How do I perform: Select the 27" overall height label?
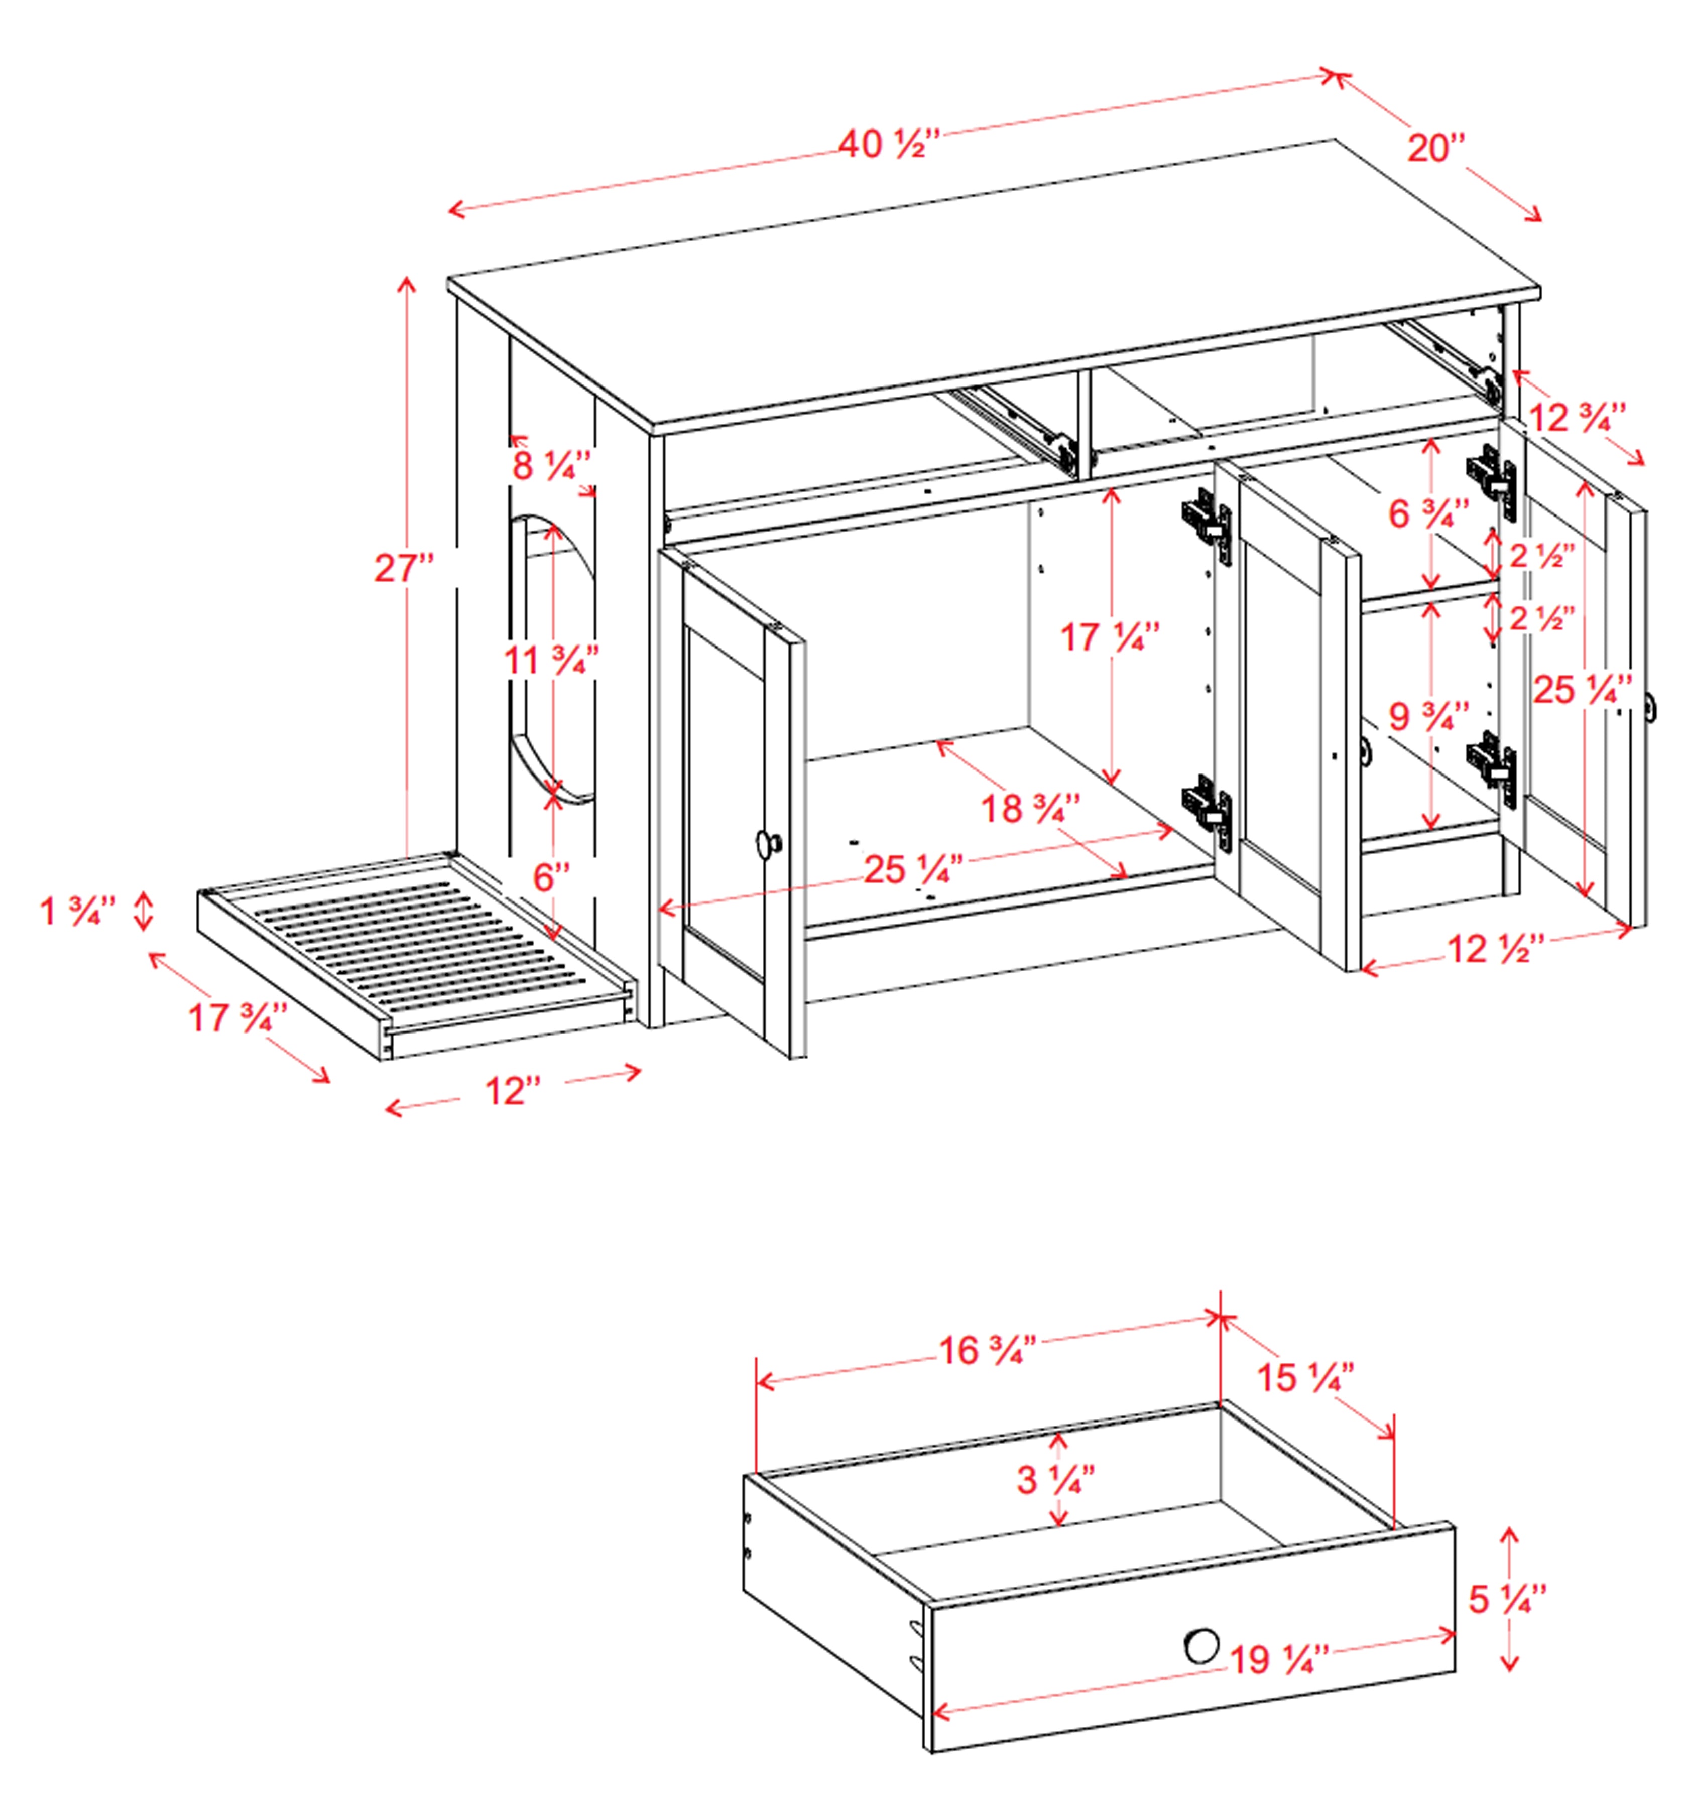click(403, 568)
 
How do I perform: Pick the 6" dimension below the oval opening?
click(550, 877)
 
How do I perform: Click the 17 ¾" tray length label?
click(238, 1017)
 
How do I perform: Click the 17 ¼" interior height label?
click(1110, 637)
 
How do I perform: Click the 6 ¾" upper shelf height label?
click(1428, 514)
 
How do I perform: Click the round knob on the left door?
click(768, 843)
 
